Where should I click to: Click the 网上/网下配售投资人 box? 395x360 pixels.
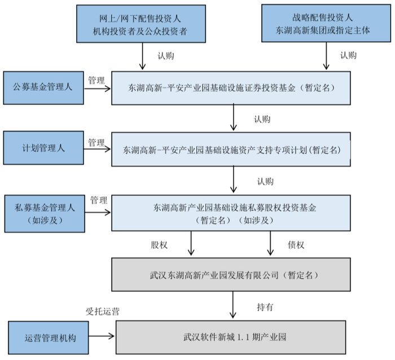(141, 24)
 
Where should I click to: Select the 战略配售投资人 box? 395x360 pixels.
(326, 23)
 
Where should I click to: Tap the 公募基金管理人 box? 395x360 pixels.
(43, 87)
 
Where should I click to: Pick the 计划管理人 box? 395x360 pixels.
(43, 148)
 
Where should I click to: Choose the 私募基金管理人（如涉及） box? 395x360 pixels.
(45, 214)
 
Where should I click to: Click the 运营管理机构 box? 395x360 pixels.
(49, 337)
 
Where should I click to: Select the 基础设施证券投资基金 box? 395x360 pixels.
(231, 88)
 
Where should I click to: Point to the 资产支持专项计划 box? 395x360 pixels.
(231, 150)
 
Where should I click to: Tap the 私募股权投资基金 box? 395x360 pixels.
(231, 213)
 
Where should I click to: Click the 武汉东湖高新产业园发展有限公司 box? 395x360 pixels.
(231, 274)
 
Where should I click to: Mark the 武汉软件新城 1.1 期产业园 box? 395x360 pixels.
(231, 337)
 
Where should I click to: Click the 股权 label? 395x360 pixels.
(159, 245)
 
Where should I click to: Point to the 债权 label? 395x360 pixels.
(296, 245)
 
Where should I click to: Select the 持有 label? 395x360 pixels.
(265, 307)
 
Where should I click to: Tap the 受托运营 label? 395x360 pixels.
(102, 311)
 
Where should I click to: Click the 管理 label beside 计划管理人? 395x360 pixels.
(96, 143)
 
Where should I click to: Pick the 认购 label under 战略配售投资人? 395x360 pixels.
(348, 55)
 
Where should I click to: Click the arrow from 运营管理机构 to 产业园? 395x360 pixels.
(102, 336)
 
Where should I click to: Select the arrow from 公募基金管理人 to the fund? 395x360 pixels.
(97, 89)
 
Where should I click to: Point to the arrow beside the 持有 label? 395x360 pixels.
(232, 305)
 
